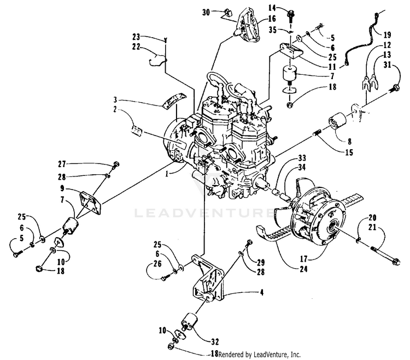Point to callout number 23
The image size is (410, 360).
click(135, 37)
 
